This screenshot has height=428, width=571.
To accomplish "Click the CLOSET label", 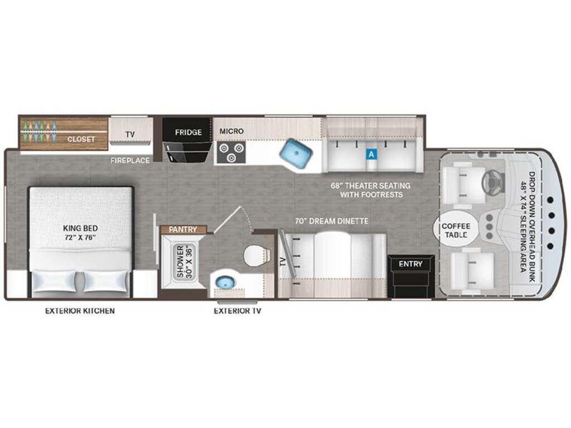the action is [x=81, y=139].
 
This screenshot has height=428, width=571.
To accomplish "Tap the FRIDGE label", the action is [x=188, y=132].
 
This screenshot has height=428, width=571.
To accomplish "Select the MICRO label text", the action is [x=231, y=131].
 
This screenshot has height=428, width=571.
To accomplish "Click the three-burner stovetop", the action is [x=231, y=152].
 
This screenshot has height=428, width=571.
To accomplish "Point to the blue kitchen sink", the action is [x=297, y=153].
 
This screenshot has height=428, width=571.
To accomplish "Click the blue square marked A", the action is [x=371, y=154].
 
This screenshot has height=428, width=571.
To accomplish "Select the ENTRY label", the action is [x=410, y=264].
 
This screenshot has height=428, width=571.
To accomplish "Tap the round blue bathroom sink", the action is [x=223, y=282].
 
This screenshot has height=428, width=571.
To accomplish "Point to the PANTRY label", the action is [x=183, y=230].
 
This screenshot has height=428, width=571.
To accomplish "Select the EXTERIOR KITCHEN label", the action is [x=80, y=311].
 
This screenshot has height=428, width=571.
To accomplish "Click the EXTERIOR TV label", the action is [x=238, y=311].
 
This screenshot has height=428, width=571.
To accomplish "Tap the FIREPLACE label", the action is [x=130, y=160].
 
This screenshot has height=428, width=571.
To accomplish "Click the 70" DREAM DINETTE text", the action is [x=331, y=221].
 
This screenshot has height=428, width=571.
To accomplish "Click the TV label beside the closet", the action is [x=130, y=134].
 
